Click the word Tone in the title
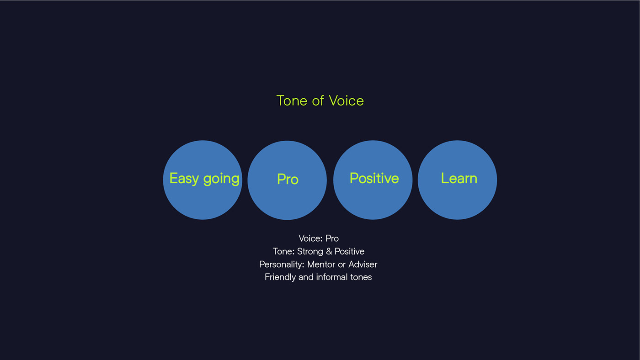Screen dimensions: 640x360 coord(292,101)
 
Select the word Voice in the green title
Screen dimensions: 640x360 coord(347,101)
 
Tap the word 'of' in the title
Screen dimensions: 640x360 coord(318,101)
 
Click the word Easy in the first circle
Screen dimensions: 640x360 coord(184,179)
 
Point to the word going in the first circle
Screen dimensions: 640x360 coord(221,180)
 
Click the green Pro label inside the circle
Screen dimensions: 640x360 coord(288,179)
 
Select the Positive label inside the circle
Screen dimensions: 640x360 coord(374,178)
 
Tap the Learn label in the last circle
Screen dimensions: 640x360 coord(459,178)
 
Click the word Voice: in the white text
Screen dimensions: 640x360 coord(310,238)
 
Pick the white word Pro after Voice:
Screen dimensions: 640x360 coord(332,238)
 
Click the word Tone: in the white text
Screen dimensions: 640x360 coord(284,252)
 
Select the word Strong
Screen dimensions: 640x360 coord(310,252)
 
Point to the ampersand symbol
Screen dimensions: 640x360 coord(329,252)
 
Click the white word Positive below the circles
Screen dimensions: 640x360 coord(349,252)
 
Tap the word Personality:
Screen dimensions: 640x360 coord(282,265)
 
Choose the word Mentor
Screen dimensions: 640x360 coord(321,265)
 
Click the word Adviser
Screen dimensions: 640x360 coord(363,265)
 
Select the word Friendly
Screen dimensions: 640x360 coord(280,277)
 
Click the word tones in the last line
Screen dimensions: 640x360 coord(361,277)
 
